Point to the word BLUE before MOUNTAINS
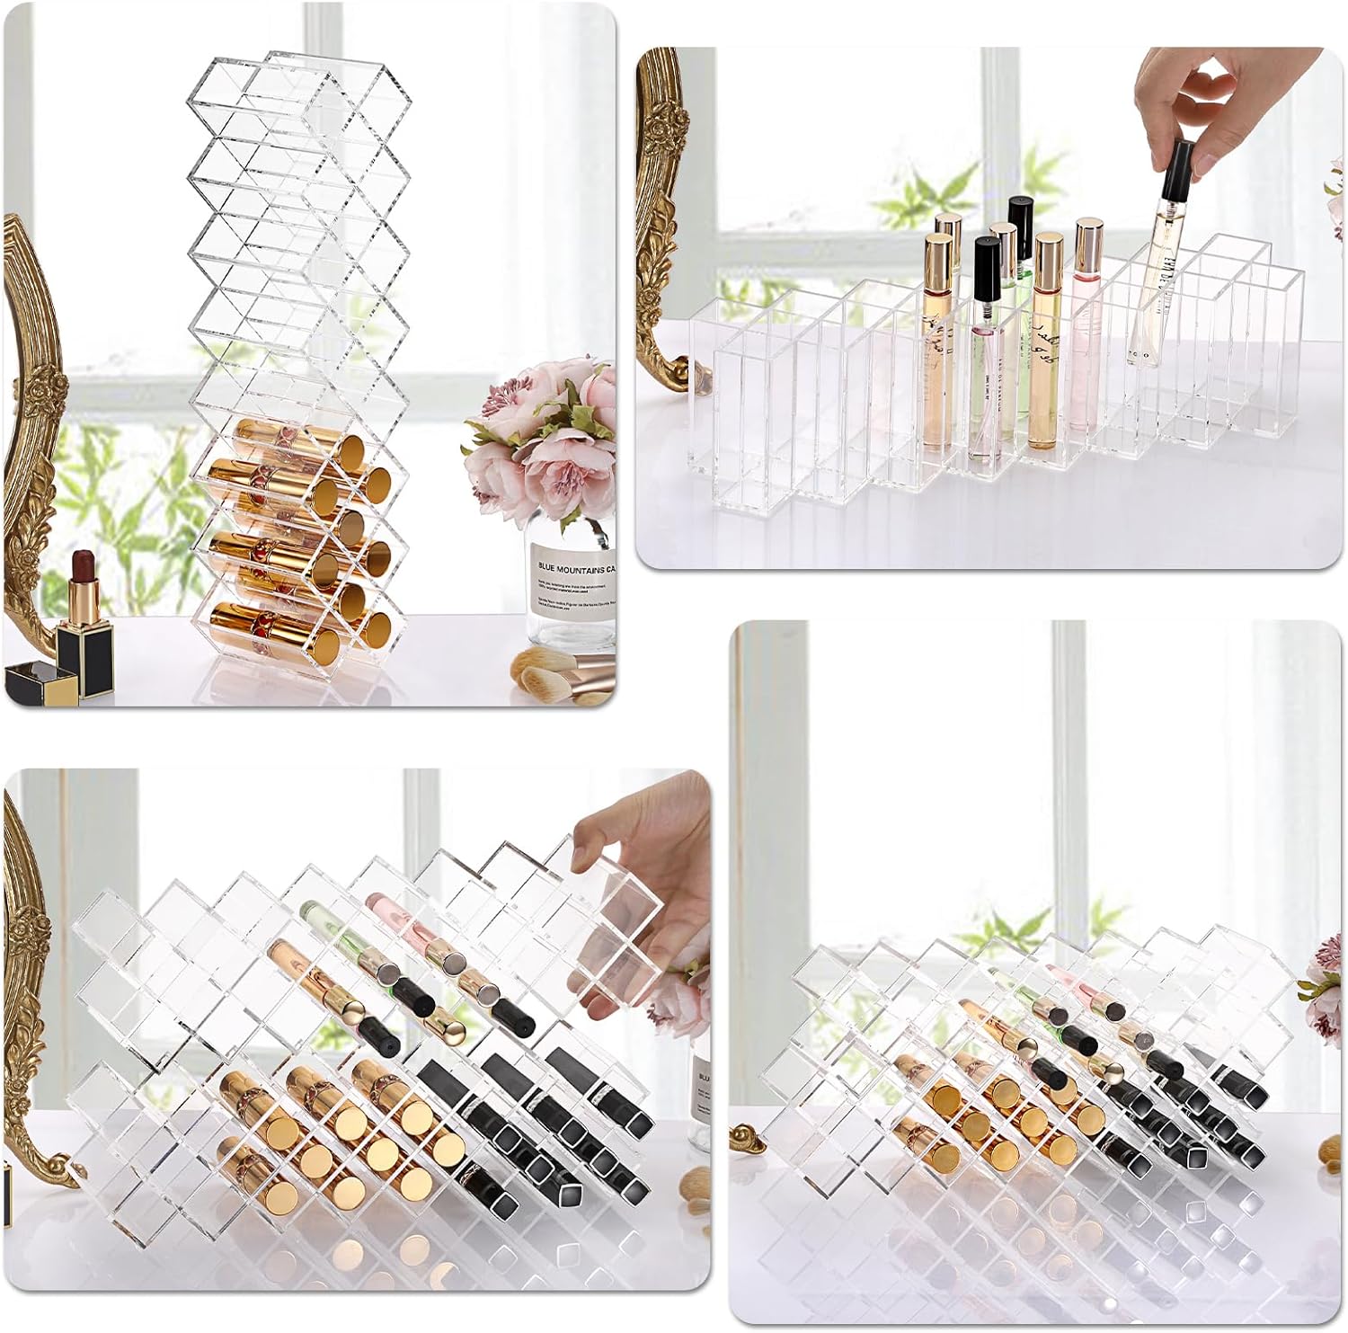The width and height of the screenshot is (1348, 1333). pos(546,568)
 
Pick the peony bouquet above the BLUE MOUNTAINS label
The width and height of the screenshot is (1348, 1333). pos(544,431)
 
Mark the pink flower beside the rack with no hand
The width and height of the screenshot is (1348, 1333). pos(1330,980)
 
